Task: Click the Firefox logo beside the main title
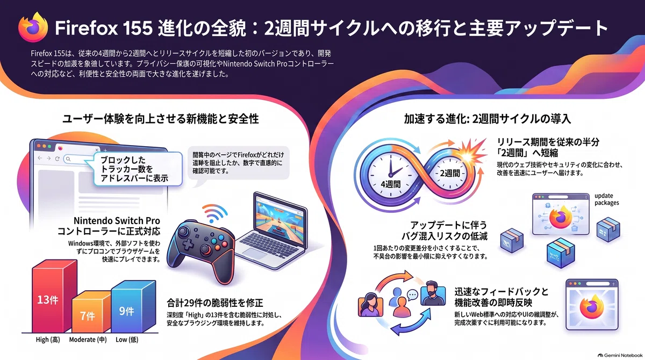(33, 27)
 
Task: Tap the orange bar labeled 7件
(91, 312)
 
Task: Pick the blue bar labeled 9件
(133, 307)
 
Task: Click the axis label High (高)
(48, 340)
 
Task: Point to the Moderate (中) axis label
(88, 340)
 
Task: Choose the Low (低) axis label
(127, 340)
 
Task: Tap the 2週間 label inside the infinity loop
(450, 173)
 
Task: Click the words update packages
(606, 199)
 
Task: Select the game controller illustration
(201, 250)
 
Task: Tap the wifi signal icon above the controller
(214, 213)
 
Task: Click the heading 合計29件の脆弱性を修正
(215, 303)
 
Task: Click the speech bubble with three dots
(413, 295)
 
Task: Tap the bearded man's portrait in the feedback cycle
(433, 293)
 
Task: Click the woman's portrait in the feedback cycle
(370, 305)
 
